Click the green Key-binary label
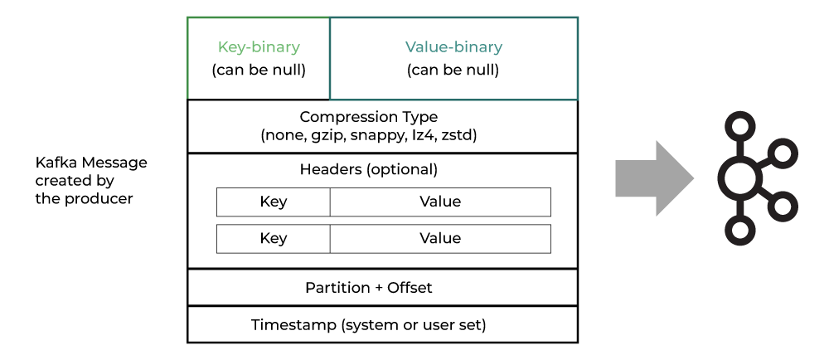[259, 47]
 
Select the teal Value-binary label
[453, 47]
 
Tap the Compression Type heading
[369, 117]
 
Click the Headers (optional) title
[369, 170]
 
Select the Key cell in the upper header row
[274, 202]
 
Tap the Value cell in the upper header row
[440, 202]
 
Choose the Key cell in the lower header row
[274, 238]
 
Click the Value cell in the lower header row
[440, 238]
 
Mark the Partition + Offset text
[369, 288]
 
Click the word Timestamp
[293, 324]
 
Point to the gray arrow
[655, 178]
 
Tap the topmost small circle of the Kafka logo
[739, 127]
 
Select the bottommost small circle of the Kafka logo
[739, 230]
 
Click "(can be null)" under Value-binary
[453, 71]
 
